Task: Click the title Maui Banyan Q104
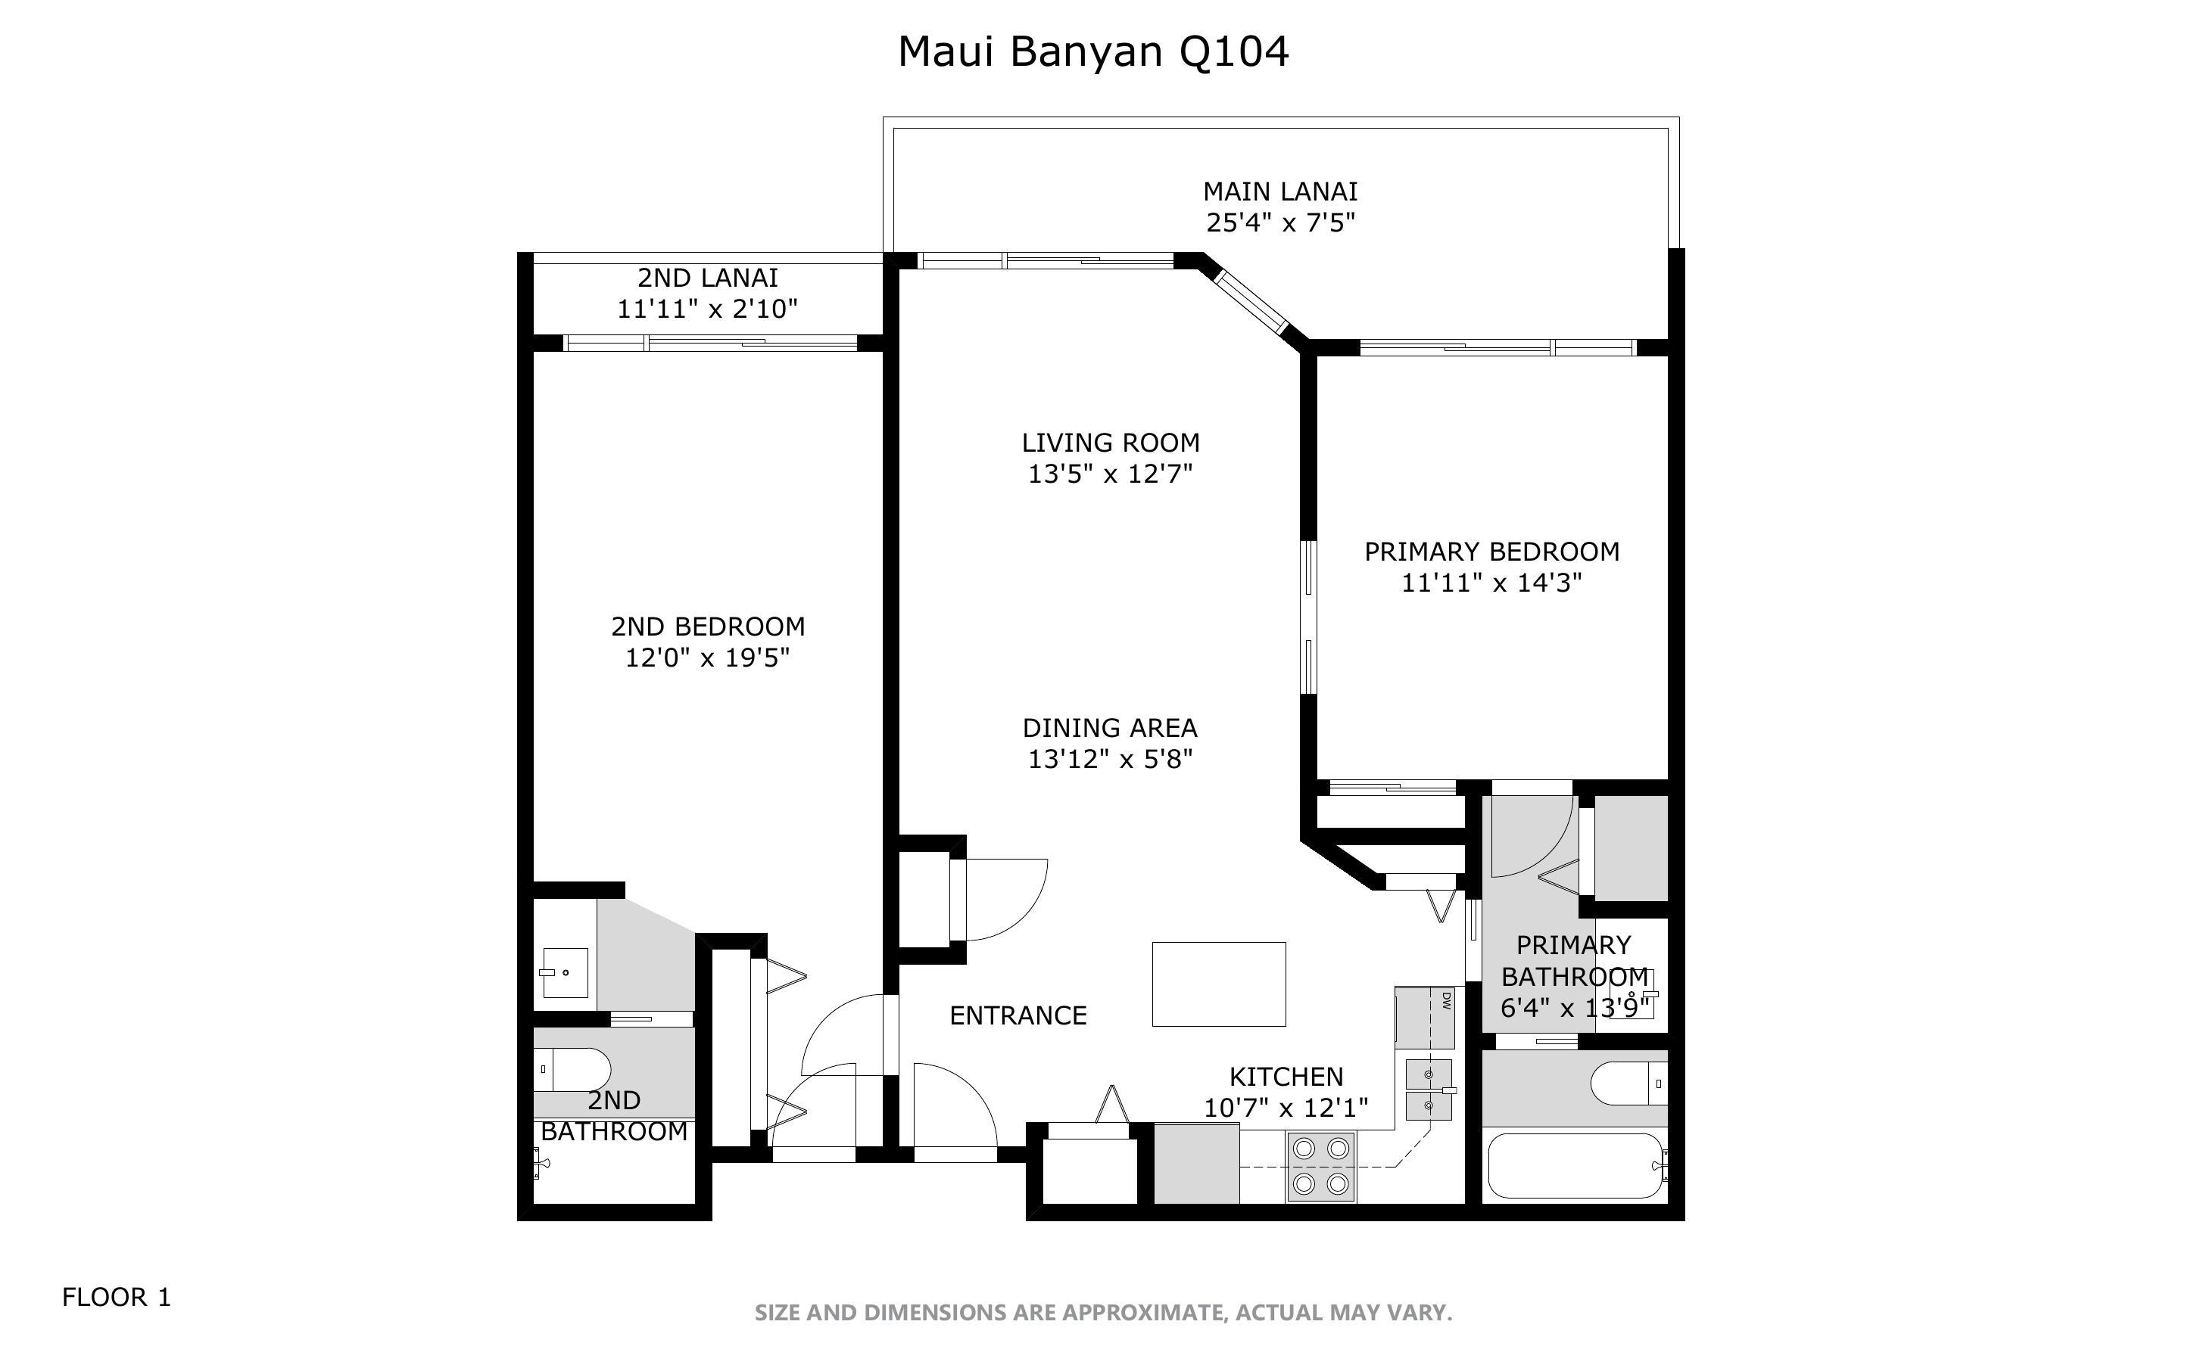1092,51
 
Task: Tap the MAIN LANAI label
1279,192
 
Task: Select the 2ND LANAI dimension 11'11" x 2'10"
707,309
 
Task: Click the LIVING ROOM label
1111,443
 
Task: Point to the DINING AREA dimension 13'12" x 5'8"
1110,758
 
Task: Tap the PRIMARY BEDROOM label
1491,551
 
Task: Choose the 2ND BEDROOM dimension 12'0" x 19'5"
707,658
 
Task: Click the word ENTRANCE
1018,1015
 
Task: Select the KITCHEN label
1285,1076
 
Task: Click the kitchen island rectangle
1218,984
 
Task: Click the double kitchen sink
1429,1090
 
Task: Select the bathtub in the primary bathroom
1575,1166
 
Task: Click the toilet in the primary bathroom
1627,1083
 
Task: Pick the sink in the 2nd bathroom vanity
565,972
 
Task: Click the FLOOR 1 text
116,1297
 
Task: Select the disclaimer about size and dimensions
1102,1312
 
